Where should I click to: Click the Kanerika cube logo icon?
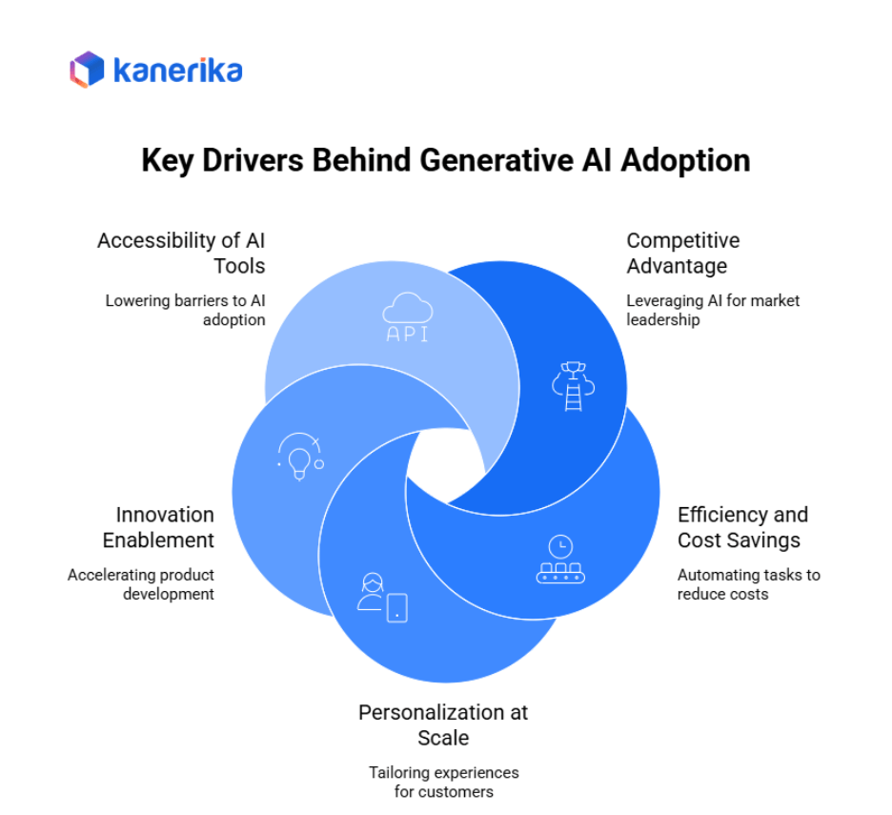click(87, 70)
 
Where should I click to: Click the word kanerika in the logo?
click(177, 71)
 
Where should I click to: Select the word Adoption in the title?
click(685, 159)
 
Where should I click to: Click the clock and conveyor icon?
click(560, 560)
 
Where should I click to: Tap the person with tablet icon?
click(381, 599)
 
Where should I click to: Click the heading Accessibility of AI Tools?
click(180, 253)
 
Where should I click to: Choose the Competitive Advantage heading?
click(682, 253)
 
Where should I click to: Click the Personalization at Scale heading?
click(443, 724)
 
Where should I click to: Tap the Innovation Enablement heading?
click(158, 527)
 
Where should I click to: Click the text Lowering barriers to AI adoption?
click(185, 310)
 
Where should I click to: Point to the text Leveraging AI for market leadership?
click(712, 310)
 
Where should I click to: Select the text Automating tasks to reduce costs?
click(748, 584)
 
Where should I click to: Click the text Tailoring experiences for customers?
click(443, 782)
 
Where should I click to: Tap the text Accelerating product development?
click(141, 584)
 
